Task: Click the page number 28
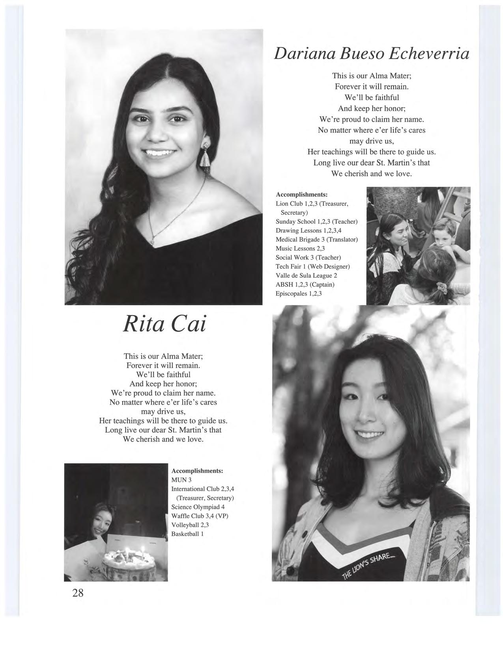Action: point(78,592)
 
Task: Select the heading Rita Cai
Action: point(165,324)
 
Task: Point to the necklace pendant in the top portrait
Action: point(153,238)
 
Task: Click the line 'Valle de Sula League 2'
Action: point(306,275)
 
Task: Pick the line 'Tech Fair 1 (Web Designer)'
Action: point(312,266)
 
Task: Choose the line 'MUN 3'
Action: point(181,480)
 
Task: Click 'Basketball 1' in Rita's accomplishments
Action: point(187,534)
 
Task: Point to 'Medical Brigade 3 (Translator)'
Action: point(316,240)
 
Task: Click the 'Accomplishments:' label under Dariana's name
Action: point(302,195)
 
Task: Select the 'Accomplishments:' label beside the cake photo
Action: point(197,471)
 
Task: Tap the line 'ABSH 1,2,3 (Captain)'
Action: point(305,284)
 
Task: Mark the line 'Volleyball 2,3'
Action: point(190,525)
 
